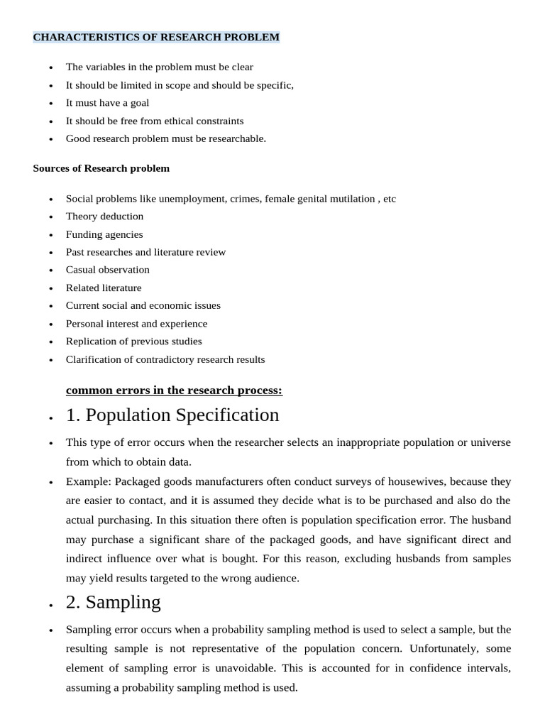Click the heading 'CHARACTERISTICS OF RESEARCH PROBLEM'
(156, 37)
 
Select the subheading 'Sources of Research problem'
(101, 168)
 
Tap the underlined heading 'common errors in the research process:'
(174, 390)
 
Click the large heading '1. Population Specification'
(172, 415)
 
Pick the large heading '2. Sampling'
(114, 602)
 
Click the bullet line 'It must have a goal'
(107, 103)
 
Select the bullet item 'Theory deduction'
(104, 217)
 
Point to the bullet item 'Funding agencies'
(104, 234)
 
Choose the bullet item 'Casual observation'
(108, 270)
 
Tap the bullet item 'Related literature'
(104, 288)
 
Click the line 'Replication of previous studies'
(134, 341)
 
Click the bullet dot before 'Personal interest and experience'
(50, 324)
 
